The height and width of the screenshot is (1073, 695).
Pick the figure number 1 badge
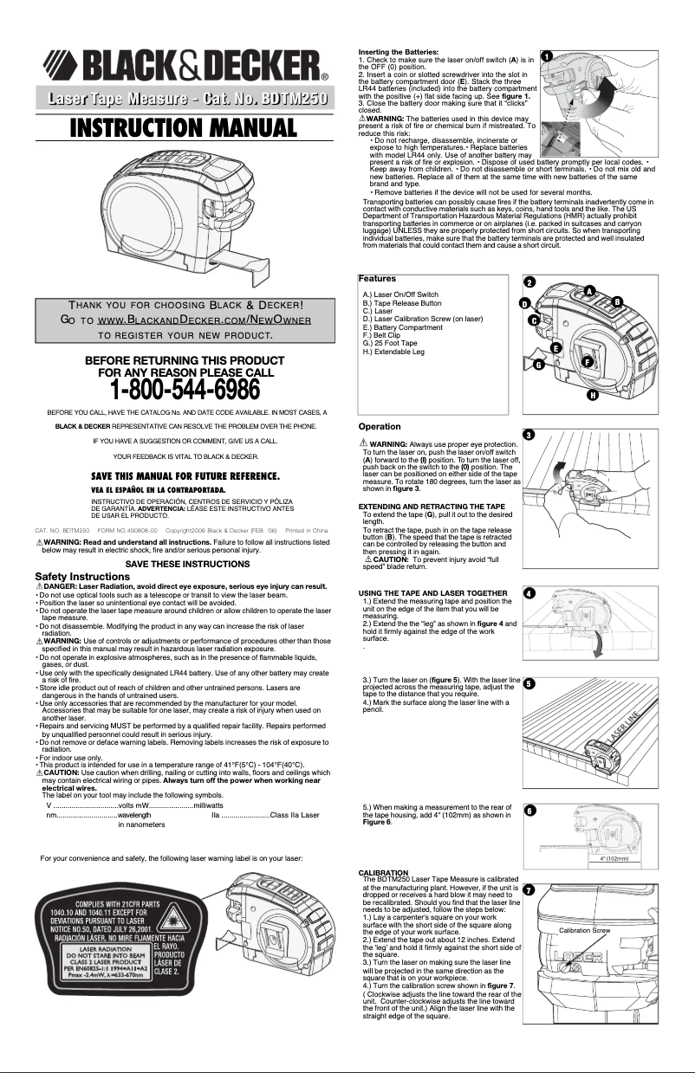pos(547,55)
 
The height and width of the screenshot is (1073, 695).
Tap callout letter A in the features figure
pos(589,289)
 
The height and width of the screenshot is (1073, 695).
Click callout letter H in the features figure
pos(593,396)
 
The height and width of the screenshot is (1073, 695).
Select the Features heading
pos(377,279)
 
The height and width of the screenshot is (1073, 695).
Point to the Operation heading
pos(380,426)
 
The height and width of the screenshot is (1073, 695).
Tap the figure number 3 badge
pos(529,433)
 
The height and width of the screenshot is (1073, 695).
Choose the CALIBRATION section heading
pos(383,872)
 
